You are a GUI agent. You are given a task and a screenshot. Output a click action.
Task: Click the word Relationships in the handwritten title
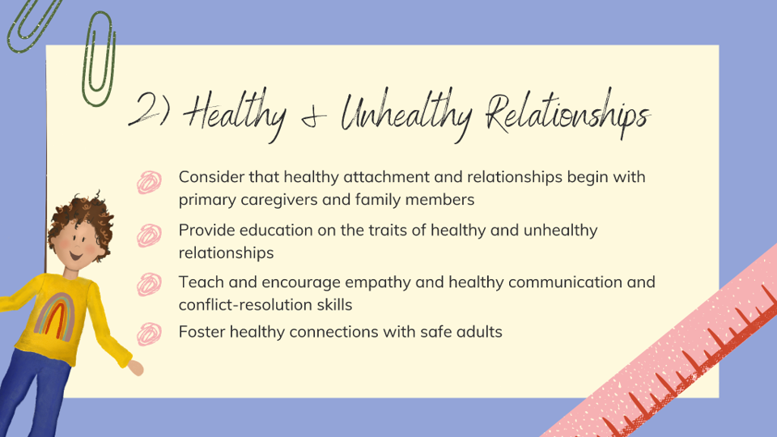click(x=566, y=116)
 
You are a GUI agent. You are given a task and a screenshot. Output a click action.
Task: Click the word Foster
click(x=202, y=331)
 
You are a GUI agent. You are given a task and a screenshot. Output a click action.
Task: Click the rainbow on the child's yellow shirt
click(x=64, y=316)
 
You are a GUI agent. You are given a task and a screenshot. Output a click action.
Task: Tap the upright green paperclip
click(x=98, y=62)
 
